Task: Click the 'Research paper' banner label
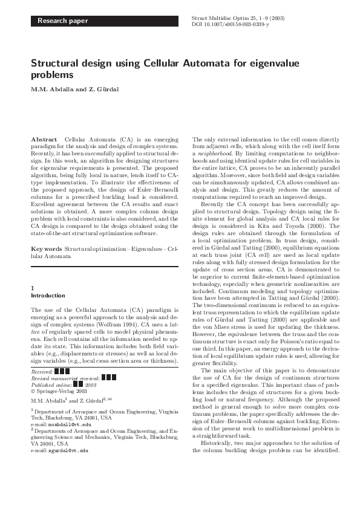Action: (x=63, y=21)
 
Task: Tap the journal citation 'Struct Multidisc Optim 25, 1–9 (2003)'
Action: (x=238, y=18)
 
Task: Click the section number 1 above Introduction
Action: (x=32, y=289)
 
